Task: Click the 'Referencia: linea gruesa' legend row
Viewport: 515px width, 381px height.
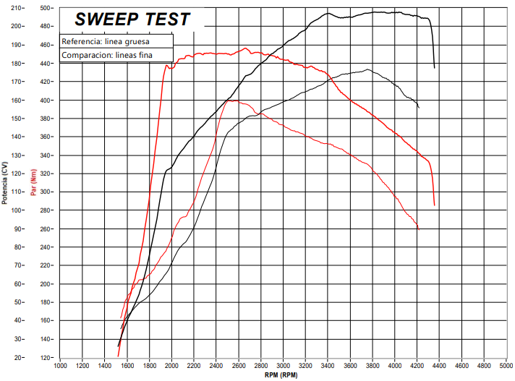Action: click(106, 41)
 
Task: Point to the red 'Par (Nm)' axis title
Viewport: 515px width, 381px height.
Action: click(33, 182)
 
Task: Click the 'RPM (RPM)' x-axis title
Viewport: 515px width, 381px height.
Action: click(281, 374)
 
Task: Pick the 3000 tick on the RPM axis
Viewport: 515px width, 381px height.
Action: click(284, 366)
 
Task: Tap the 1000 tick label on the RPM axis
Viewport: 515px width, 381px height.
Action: click(60, 366)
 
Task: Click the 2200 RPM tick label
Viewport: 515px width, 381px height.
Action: click(194, 366)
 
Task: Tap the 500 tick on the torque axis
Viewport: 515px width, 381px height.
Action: click(46, 8)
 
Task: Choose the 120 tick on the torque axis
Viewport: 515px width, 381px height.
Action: click(46, 358)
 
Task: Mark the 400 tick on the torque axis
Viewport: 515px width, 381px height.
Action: click(46, 100)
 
